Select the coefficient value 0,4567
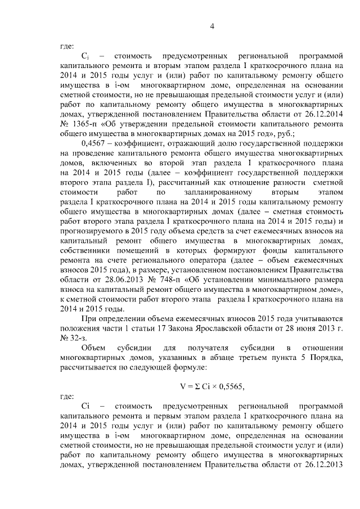point(95,144)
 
